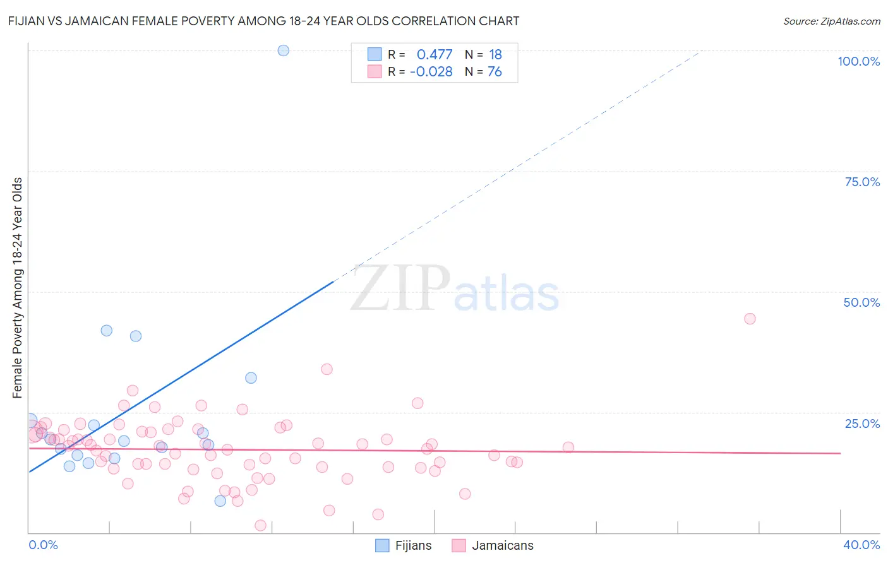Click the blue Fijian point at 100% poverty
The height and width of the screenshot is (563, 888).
pos(284,50)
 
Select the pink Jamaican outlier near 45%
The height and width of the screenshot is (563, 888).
pos(750,319)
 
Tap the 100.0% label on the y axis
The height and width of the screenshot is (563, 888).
pos(858,61)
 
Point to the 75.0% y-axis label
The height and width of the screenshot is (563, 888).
pos(862,182)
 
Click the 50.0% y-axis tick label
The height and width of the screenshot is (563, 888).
pos(861,302)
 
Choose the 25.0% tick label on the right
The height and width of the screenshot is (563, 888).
pos(862,424)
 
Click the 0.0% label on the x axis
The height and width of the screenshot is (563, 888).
pos(43,545)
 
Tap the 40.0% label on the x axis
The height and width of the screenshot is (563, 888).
pos(861,545)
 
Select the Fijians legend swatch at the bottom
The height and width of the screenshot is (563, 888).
pos(382,546)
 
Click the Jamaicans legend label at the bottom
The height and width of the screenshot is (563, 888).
pos(503,546)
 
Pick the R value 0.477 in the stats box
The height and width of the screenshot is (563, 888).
pos(435,55)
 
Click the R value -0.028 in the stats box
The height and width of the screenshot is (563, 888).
pos(431,72)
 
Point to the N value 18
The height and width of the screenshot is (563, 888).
pos(495,55)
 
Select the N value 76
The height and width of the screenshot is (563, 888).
pos(495,72)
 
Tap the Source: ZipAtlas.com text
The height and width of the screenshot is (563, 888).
pos(831,21)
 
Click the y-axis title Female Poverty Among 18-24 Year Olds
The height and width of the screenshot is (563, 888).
pos(18,288)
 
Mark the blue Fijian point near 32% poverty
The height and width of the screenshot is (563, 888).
pos(251,378)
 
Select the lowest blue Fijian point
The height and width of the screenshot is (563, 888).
pos(220,501)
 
